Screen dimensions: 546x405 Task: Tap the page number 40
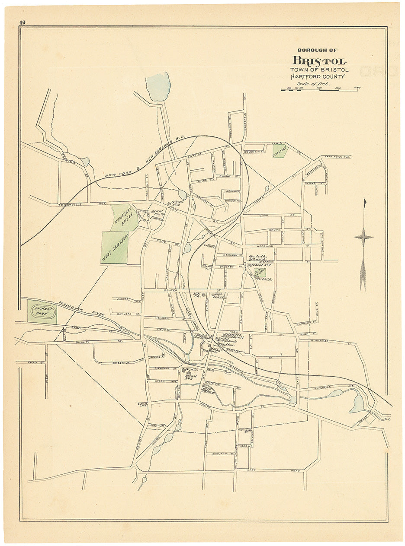22,22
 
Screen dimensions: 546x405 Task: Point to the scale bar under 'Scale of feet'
321,89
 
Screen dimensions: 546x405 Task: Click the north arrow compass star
363,237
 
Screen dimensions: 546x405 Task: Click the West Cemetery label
115,247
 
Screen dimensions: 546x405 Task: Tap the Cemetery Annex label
123,218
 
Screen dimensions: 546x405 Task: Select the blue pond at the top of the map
158,86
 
